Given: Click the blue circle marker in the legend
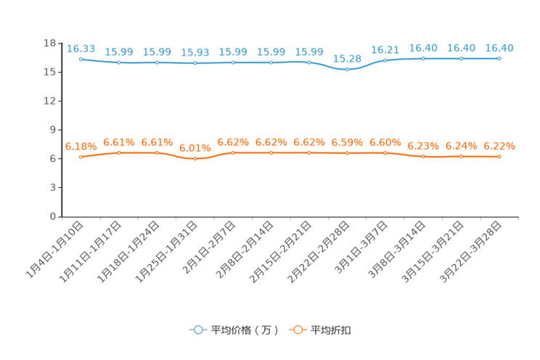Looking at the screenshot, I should (197, 330).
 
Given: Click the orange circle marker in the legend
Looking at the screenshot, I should (298, 330).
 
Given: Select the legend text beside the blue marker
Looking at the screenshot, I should (245, 330).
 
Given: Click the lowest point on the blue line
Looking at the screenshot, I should (348, 70).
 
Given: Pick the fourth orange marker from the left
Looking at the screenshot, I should (195, 158).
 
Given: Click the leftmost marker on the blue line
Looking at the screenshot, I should (81, 58).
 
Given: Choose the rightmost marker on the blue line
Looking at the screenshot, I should (499, 58).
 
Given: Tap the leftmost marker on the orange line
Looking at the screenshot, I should (81, 157).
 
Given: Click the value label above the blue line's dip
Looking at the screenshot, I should (348, 58).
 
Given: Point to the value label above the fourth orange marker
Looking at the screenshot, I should (195, 147).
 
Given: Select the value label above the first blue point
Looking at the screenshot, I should (81, 48).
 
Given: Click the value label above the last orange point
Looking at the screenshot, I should (499, 146).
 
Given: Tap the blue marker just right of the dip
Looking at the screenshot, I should (385, 60).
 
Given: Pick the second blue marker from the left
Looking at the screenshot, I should (118, 63).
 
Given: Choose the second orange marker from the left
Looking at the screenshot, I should (118, 152).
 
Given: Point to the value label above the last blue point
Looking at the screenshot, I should (499, 48).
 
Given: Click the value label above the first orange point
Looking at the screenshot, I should (81, 146).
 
